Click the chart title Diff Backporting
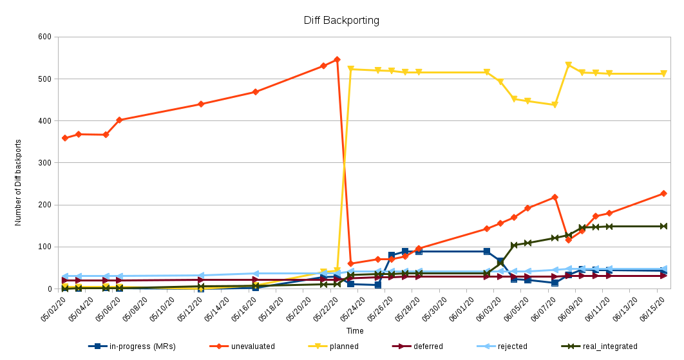pyautogui.click(x=341, y=20)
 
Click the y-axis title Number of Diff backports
pyautogui.click(x=18, y=182)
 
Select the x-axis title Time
pyautogui.click(x=355, y=331)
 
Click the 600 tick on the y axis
pyautogui.click(x=44, y=37)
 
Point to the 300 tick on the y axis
pyautogui.click(x=44, y=163)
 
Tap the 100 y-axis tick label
pyautogui.click(x=44, y=247)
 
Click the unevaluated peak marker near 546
pyautogui.click(x=337, y=59)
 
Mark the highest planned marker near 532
pyautogui.click(x=568, y=65)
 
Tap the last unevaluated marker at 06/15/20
pyautogui.click(x=663, y=193)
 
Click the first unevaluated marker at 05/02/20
pyautogui.click(x=64, y=138)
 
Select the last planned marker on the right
pyautogui.click(x=663, y=73)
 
